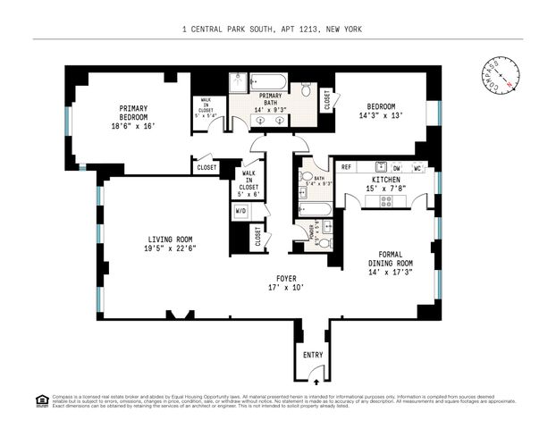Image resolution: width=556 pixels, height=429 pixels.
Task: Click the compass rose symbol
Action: click(x=501, y=73)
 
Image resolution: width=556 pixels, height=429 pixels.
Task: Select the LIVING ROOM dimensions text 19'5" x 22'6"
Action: click(x=171, y=248)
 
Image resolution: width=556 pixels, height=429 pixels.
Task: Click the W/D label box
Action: click(x=240, y=211)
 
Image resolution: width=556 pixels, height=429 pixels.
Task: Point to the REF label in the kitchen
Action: click(x=346, y=167)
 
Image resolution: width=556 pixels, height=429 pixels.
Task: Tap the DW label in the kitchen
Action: click(x=396, y=167)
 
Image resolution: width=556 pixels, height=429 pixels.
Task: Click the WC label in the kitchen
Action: click(x=417, y=167)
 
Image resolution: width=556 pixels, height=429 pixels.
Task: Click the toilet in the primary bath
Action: click(x=306, y=89)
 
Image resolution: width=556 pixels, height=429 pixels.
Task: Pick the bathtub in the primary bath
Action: click(x=267, y=81)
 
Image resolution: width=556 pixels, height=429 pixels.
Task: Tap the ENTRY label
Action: click(x=313, y=355)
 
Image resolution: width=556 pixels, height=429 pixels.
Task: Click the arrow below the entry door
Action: click(x=313, y=381)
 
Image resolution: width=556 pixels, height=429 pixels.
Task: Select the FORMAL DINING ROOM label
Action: click(x=390, y=258)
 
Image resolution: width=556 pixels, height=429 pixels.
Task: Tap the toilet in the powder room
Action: click(x=324, y=242)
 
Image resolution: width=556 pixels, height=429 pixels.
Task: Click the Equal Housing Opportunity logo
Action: click(x=41, y=400)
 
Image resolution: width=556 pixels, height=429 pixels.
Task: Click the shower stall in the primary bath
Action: click(x=238, y=82)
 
